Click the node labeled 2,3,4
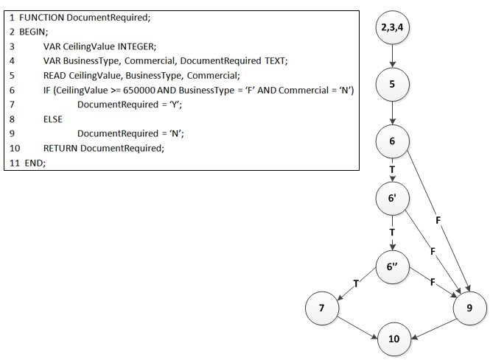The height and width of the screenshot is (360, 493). click(392, 29)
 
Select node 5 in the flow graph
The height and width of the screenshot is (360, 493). click(392, 84)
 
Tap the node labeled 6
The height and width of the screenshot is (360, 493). click(392, 141)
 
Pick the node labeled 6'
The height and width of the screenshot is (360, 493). click(392, 198)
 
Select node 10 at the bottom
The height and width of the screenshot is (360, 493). click(394, 339)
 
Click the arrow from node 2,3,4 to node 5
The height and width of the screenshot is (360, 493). click(392, 56)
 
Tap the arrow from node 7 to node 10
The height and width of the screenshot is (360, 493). click(358, 325)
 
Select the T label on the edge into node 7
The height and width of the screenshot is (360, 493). click(356, 283)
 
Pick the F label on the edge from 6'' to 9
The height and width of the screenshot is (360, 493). click(432, 283)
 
